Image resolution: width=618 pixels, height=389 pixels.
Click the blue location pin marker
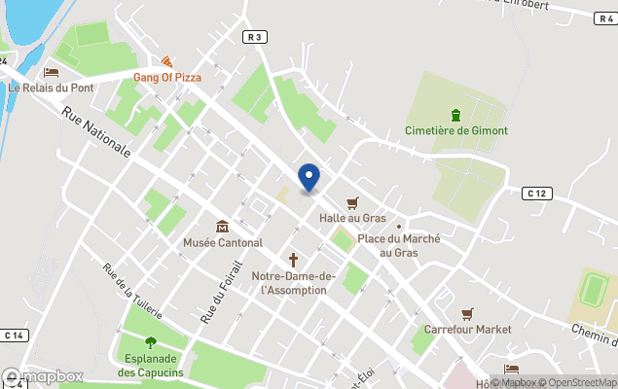coord(309,177)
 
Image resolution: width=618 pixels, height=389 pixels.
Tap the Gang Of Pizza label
coord(166,77)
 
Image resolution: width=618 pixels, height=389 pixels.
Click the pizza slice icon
coord(166,61)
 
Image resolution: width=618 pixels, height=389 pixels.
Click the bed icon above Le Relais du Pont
coord(52,71)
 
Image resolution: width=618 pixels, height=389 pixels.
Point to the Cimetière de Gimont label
coord(455,130)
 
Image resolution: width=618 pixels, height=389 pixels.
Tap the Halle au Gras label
coord(351,218)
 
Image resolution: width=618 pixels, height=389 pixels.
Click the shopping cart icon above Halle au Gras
coord(351,201)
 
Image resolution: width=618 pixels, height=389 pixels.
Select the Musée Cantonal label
coord(223,242)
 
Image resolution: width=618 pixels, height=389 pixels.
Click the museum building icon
coord(223,227)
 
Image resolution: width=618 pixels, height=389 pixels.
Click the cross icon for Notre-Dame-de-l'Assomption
coord(293,260)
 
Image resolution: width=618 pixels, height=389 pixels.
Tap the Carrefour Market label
coord(467,330)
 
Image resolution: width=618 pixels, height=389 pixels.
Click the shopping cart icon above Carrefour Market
coord(467,314)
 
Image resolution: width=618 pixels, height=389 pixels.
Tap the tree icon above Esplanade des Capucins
coord(151,342)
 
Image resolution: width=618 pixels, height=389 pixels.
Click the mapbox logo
coord(43,376)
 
